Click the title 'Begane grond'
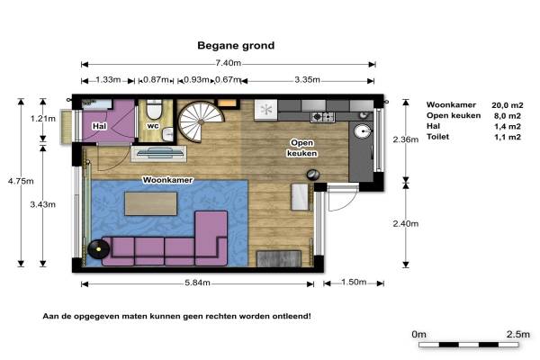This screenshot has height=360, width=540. coord(236,46)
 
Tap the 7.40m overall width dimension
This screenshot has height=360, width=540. coord(228,63)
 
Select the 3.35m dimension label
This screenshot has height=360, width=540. coord(307,80)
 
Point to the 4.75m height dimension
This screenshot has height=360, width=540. coord(21,181)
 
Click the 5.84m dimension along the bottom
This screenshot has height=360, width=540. coord(197,283)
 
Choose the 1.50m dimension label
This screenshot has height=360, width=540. coord(354,282)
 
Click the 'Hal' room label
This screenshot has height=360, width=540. coord(99,126)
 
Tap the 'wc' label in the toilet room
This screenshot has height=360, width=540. coord(153,126)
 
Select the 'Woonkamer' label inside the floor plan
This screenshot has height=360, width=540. coord(167,180)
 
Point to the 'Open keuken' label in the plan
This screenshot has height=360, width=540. coord(302,148)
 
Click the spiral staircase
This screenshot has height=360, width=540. coord(201,121)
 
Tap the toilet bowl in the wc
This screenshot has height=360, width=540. coord(154,110)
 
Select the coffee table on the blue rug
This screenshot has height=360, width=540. coord(151,203)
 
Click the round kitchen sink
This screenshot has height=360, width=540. coord(363,131)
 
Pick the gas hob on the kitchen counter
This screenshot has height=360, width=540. coord(322,117)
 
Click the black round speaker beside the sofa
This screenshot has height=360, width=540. coord(98,248)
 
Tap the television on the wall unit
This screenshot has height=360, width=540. coord(159,153)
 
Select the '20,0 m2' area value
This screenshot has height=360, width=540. coord(508,105)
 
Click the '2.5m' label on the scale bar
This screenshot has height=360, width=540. coord(518,334)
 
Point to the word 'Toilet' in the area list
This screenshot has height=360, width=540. coord(437,137)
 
